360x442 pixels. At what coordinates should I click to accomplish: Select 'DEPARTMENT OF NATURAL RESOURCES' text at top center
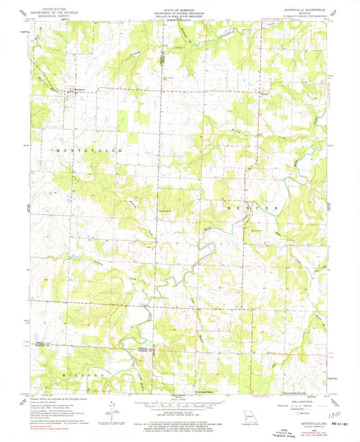tap(180, 13)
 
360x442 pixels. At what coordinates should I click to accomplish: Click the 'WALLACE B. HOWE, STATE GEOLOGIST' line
tap(180, 16)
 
